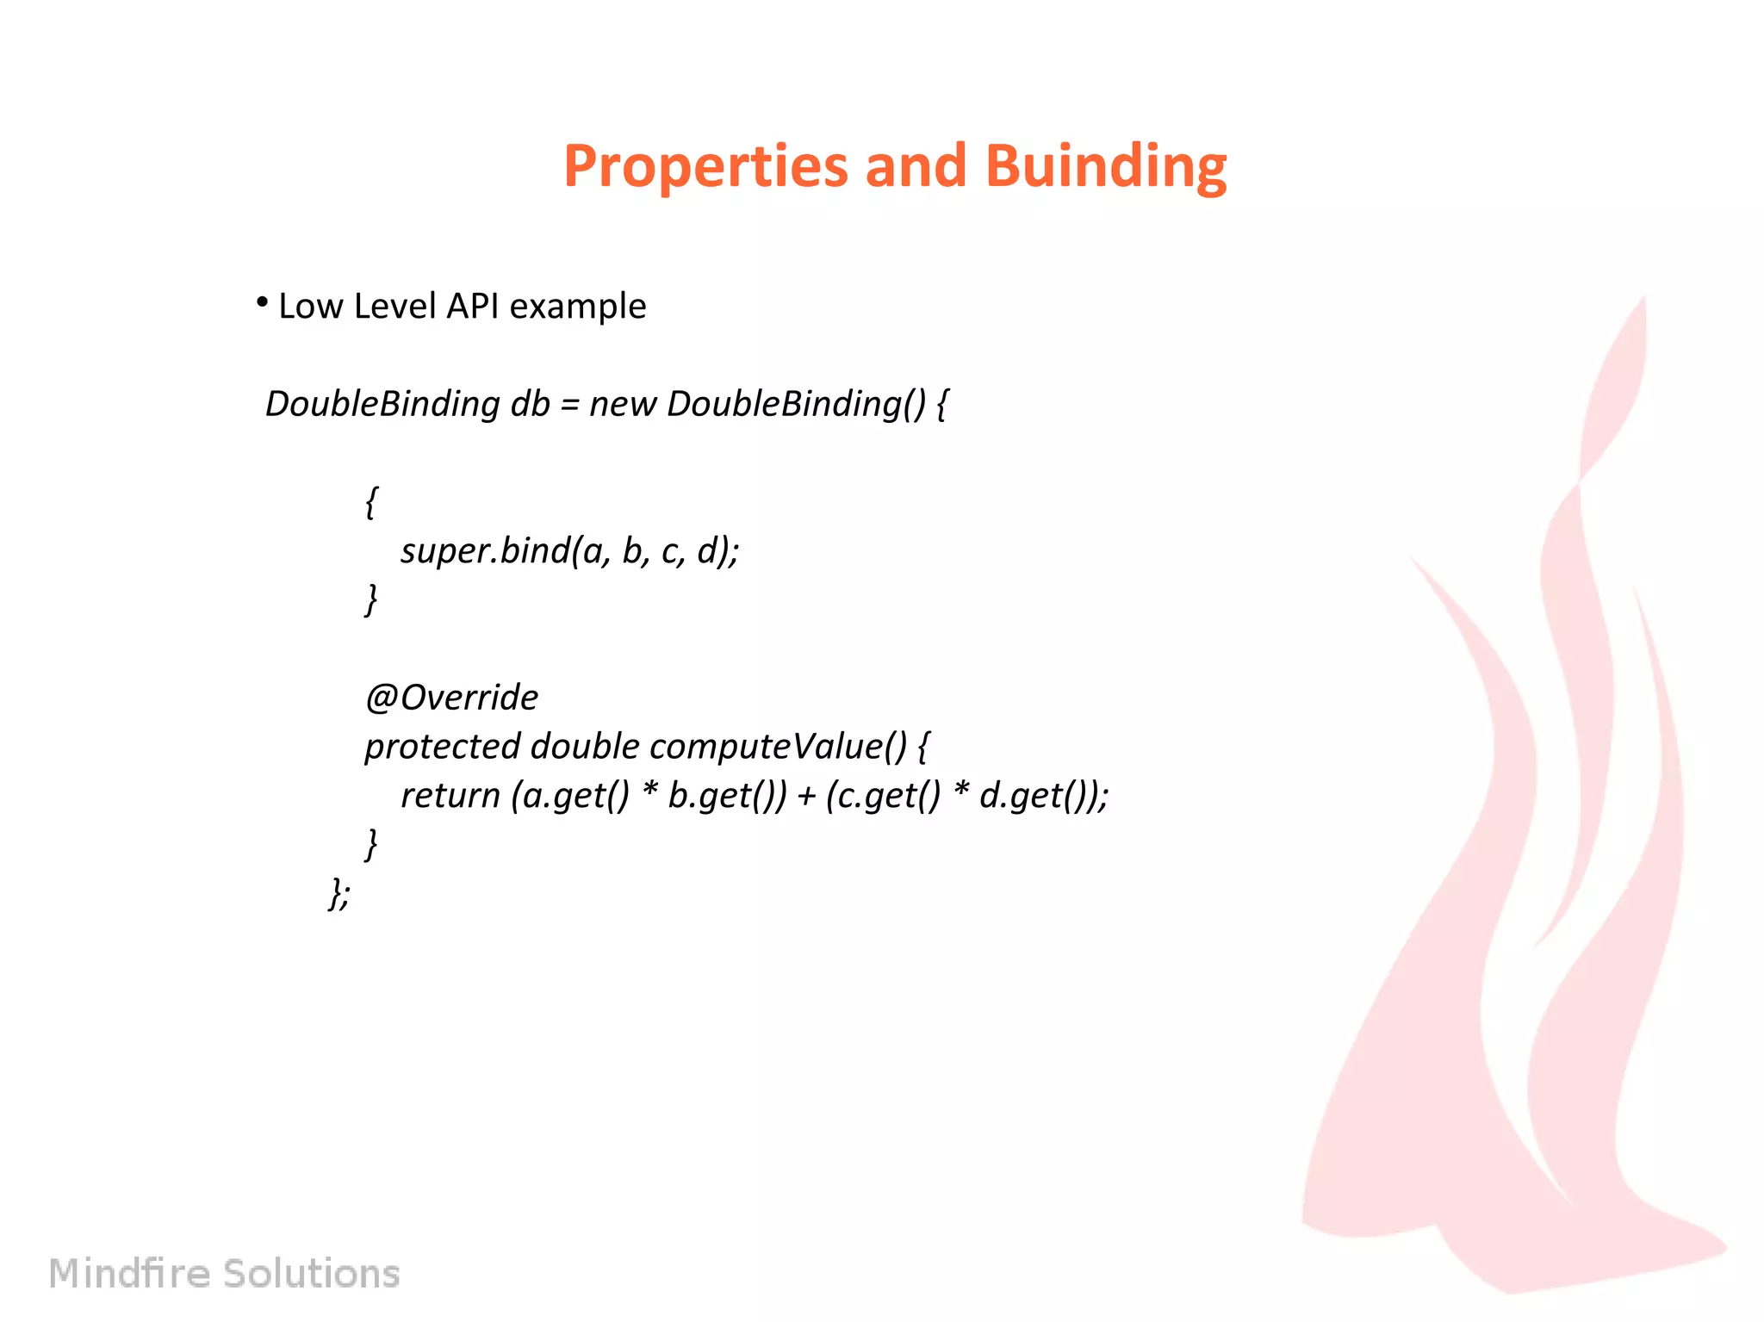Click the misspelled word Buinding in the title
pyautogui.click(x=1105, y=165)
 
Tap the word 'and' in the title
pyautogui.click(x=915, y=165)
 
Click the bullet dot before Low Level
pyautogui.click(x=262, y=302)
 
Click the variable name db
pyautogui.click(x=530, y=404)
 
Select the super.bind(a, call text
pyautogui.click(x=505, y=551)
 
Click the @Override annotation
pyautogui.click(x=451, y=698)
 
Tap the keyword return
pyautogui.click(x=450, y=796)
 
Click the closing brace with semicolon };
pyautogui.click(x=339, y=893)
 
